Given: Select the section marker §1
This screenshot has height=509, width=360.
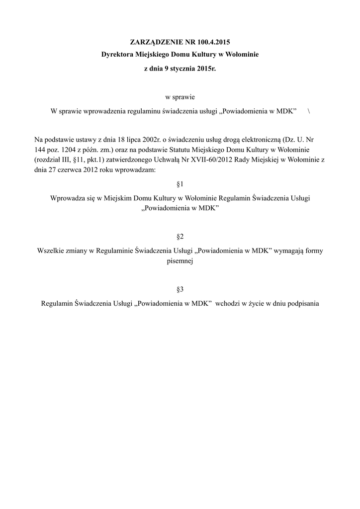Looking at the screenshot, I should click(180, 184).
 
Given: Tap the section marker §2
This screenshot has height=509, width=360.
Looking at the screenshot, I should click(180, 236).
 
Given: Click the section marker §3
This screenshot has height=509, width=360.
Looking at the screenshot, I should click(180, 289).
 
